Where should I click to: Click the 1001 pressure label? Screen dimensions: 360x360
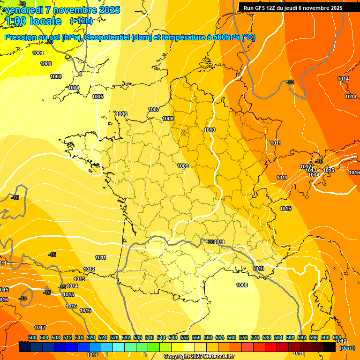coord(38,53)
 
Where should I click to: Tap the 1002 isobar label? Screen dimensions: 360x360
coord(46,64)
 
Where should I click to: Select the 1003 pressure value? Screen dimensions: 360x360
coord(56,76)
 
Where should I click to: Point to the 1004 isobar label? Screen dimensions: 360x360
coord(74,88)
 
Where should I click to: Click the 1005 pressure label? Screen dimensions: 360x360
coord(97,97)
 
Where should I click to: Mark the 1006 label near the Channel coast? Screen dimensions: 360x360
coord(121,114)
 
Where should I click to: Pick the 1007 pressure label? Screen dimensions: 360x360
coord(154,109)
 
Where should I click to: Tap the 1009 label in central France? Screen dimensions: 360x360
coord(183,166)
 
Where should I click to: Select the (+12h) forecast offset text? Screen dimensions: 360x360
coord(81,21)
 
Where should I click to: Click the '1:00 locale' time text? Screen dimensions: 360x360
coord(34,21)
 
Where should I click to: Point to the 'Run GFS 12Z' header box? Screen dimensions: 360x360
coord(292,8)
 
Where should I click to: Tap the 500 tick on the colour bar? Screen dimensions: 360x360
coord(32,337)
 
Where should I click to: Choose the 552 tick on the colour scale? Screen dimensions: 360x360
coord(185,337)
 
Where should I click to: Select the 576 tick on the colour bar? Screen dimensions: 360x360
coord(255,337)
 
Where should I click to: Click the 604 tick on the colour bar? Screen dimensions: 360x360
coord(337,337)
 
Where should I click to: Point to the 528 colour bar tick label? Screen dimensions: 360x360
coord(114,337)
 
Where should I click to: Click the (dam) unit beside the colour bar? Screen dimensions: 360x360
coord(347,348)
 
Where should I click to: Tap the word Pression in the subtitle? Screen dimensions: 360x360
coord(20,37)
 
